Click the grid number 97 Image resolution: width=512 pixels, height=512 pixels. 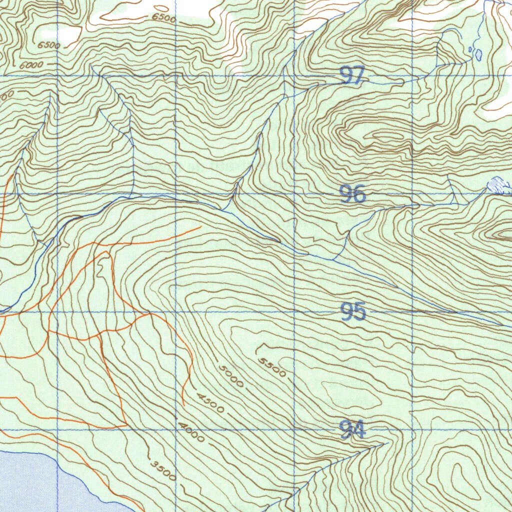pos(352,76)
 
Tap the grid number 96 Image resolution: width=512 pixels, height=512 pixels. pos(352,194)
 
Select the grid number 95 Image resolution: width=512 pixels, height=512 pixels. pos(353,311)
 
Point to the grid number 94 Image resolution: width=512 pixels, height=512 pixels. pos(352,429)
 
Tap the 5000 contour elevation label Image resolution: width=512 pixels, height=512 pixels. pos(231,376)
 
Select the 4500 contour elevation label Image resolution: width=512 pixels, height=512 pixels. pos(210,403)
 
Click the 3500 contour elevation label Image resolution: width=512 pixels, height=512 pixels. pos(163,470)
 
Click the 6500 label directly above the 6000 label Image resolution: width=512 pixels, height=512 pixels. pos(48,45)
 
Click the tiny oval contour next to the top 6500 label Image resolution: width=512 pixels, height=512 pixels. pos(161,8)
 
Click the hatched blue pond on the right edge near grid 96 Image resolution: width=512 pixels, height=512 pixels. pos(498,185)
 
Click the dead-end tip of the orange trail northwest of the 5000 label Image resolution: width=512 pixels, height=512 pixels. pos(200,227)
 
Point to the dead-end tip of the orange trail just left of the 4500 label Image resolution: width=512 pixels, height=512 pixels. pos(183,404)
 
